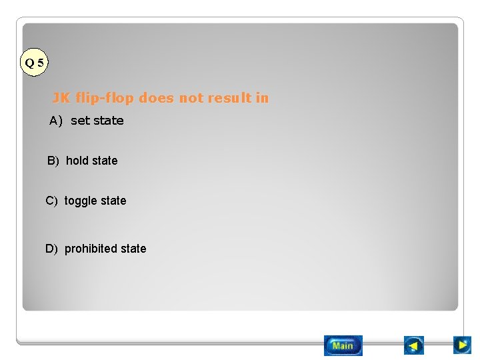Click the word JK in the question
[x=61, y=98]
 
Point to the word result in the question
[x=229, y=98]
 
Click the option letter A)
[x=55, y=121]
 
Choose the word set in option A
[x=80, y=121]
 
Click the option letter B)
[x=53, y=161]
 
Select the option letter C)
[x=51, y=201]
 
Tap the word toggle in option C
[x=81, y=201]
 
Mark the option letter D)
[x=51, y=249]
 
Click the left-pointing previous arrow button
[x=414, y=345]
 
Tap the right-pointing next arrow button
[x=462, y=345]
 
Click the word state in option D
[x=133, y=249]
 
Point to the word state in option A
[x=108, y=121]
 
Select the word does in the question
[x=156, y=98]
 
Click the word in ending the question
[x=263, y=98]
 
